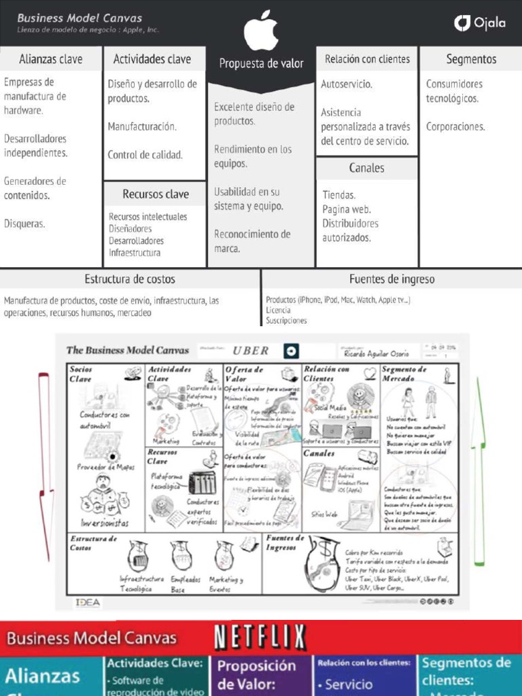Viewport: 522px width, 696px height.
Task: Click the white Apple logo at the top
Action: pyautogui.click(x=261, y=31)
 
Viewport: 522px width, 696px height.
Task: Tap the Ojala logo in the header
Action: pyautogui.click(x=480, y=23)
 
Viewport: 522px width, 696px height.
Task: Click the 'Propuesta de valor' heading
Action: pyautogui.click(x=261, y=63)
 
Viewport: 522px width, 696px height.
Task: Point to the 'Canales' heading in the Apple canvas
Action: pyautogui.click(x=366, y=168)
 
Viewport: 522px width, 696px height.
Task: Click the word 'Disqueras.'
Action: pyautogui.click(x=24, y=223)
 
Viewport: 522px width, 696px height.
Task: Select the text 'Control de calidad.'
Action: pyautogui.click(x=145, y=155)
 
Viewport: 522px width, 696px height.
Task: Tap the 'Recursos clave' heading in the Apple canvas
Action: pyautogui.click(x=155, y=194)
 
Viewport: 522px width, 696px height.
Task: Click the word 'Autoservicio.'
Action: pyautogui.click(x=347, y=84)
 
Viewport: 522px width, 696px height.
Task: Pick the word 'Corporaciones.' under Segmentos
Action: pyautogui.click(x=455, y=126)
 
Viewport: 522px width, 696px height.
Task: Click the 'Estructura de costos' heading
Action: pyautogui.click(x=129, y=279)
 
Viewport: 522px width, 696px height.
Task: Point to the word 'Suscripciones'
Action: pyautogui.click(x=286, y=320)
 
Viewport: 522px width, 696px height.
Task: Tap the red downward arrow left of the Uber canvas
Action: pyautogui.click(x=46, y=462)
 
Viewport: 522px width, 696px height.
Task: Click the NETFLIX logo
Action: pyautogui.click(x=260, y=638)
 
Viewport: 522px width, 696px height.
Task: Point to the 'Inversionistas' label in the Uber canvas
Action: pyautogui.click(x=104, y=523)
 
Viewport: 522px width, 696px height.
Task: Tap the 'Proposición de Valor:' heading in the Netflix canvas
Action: pyautogui.click(x=256, y=674)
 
